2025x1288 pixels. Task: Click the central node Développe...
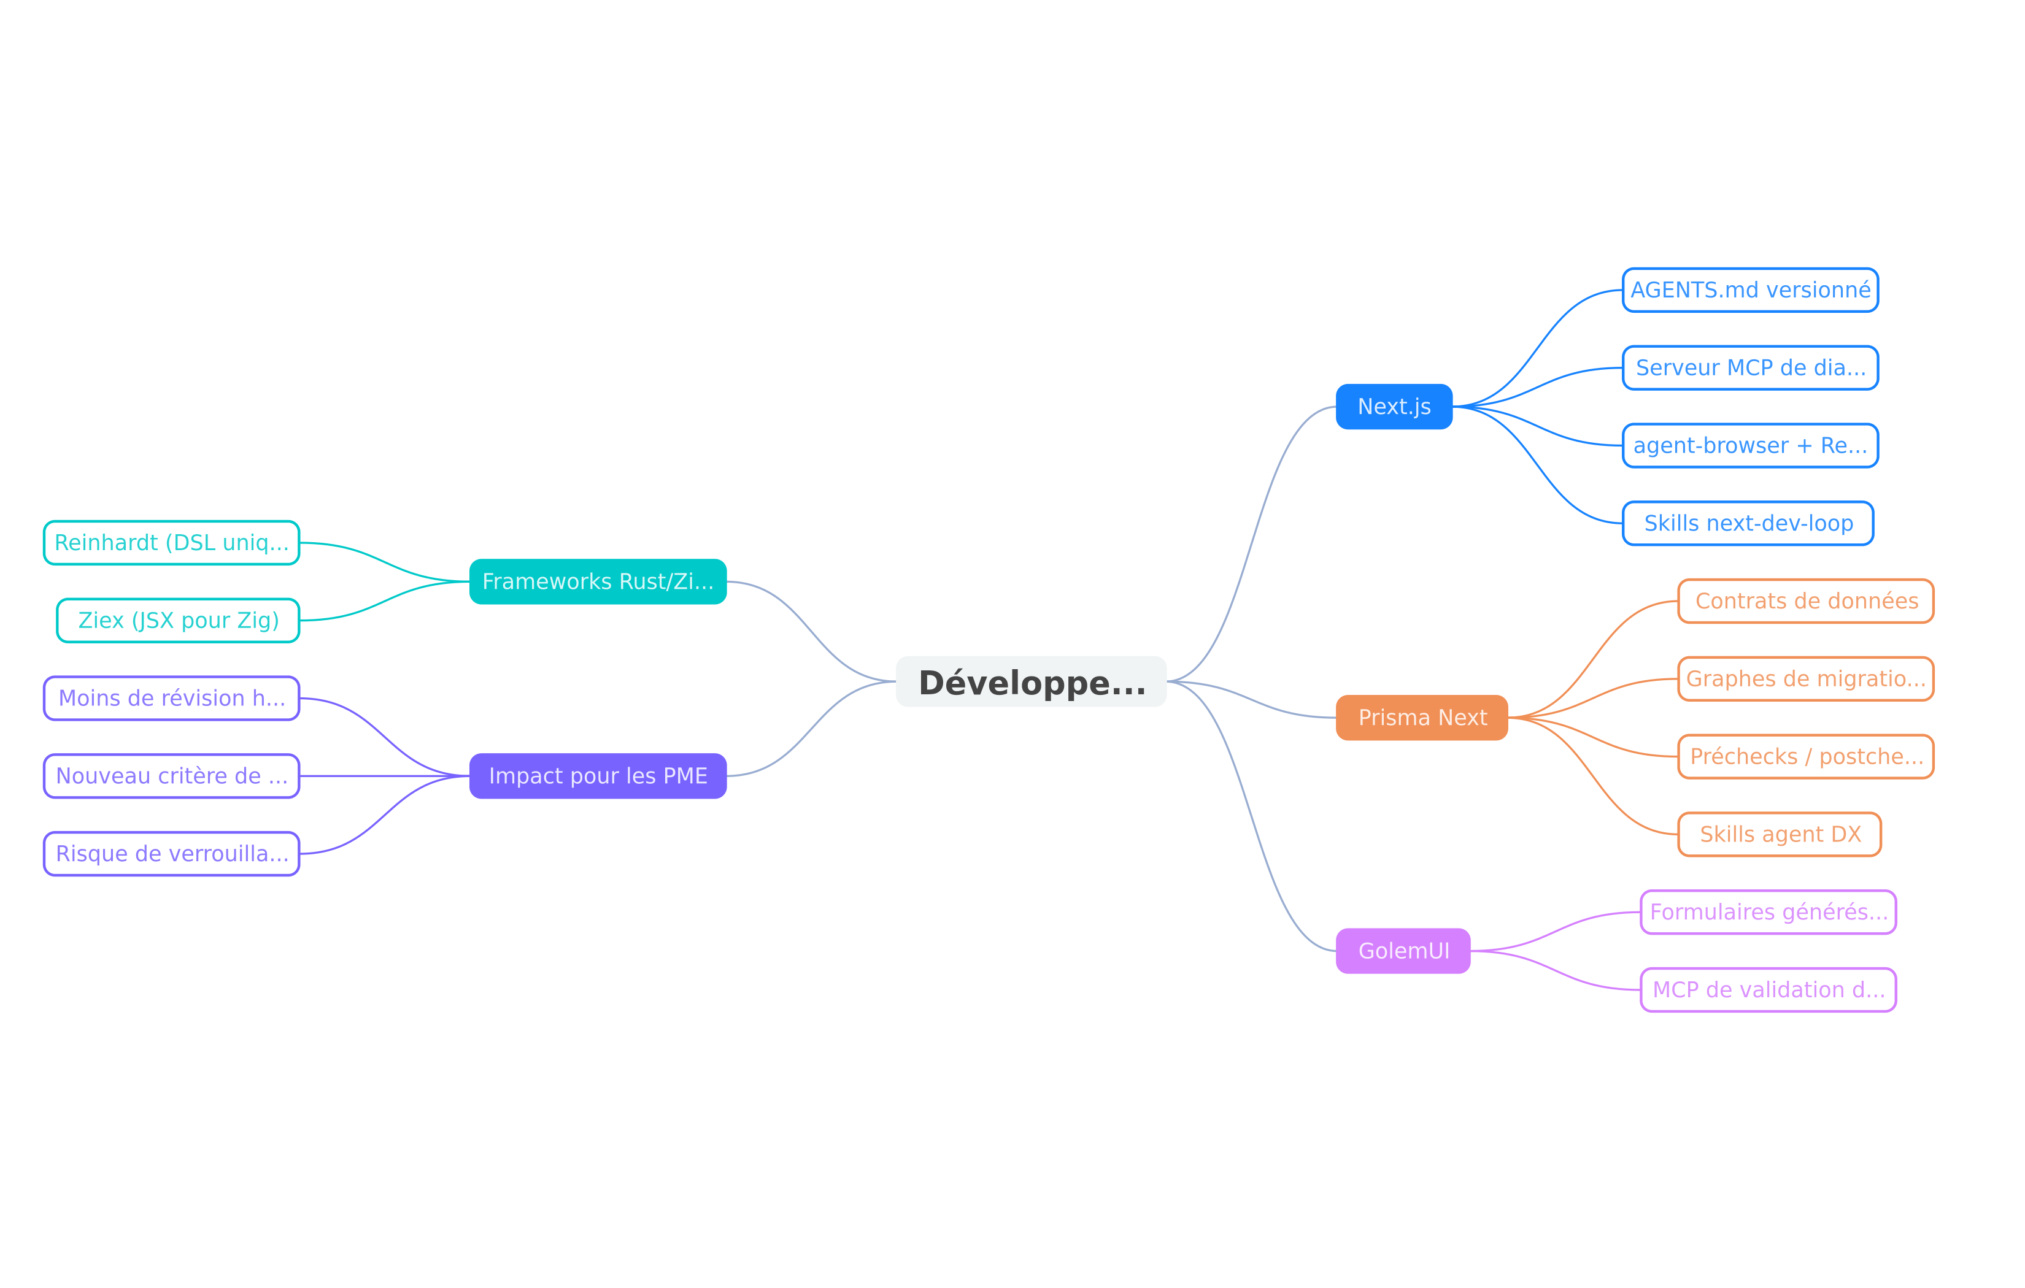[x=1031, y=682]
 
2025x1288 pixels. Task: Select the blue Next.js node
[x=1394, y=407]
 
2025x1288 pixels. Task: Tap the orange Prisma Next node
[x=1422, y=718]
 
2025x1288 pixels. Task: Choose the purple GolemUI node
[x=1403, y=951]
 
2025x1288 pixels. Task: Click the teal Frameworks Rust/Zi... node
[x=598, y=582]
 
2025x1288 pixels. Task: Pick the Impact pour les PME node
[x=598, y=776]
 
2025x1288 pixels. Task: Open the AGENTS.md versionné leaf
[x=1750, y=290]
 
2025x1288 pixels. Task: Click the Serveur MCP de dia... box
[x=1750, y=368]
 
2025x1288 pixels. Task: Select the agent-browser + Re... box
[x=1750, y=446]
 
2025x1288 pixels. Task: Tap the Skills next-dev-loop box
[x=1748, y=524]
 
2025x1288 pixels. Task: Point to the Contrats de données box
[x=1805, y=601]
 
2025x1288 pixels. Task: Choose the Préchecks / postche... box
[x=1805, y=757]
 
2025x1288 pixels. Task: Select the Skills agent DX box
[x=1780, y=835]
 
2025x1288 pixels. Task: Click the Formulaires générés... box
[x=1768, y=912]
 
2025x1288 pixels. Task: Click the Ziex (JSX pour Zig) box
[x=179, y=621]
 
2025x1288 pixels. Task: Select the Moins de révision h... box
[x=172, y=699]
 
